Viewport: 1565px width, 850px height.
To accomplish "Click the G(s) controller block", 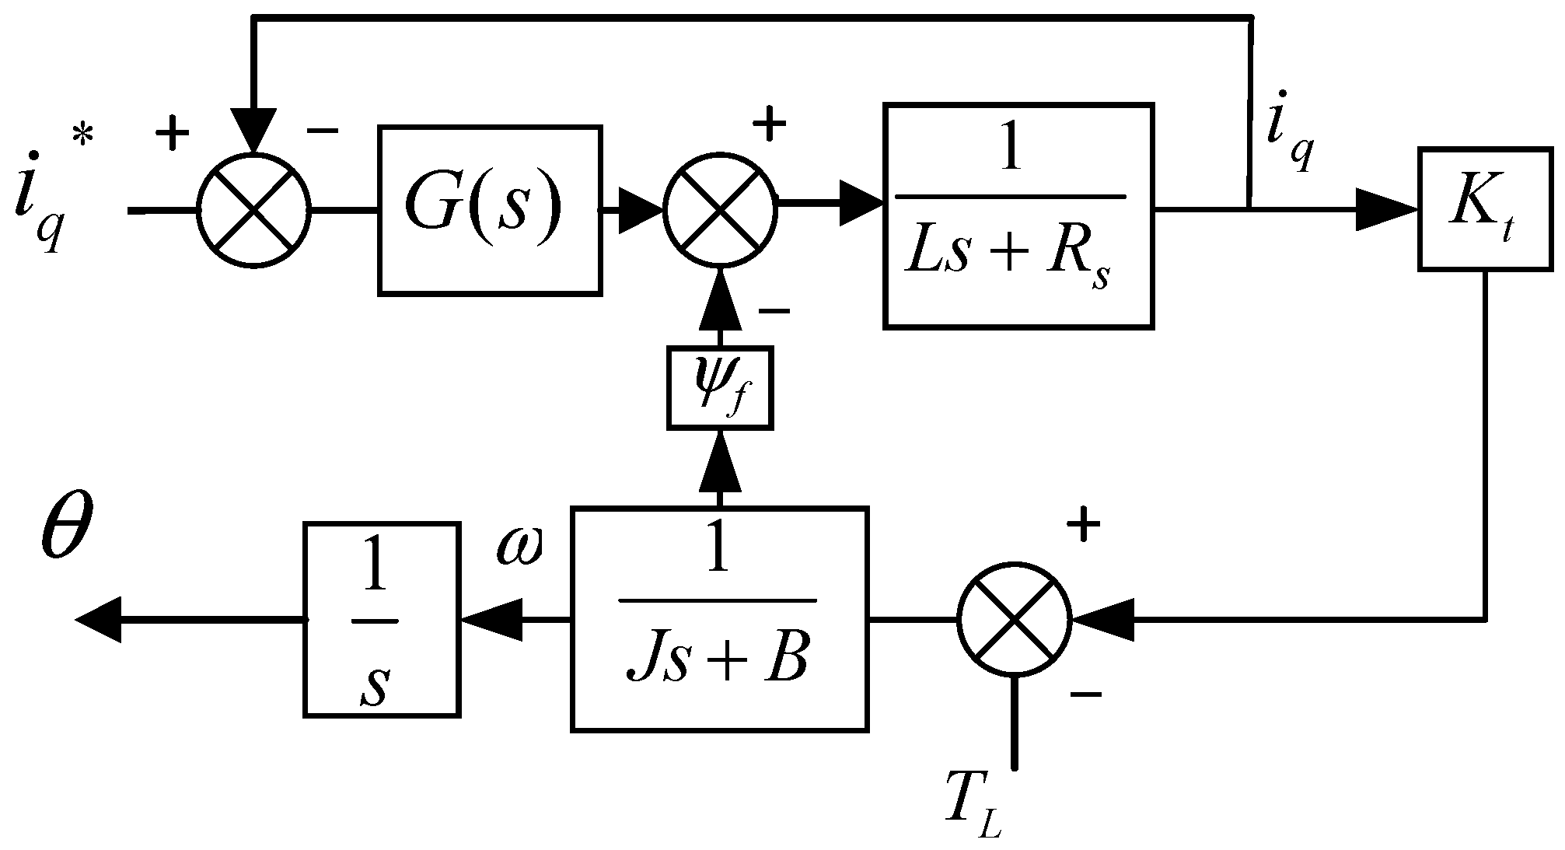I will tap(490, 210).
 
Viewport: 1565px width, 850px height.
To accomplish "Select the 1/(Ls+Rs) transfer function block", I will tap(1018, 216).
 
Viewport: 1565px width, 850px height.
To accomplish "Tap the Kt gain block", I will tap(1486, 208).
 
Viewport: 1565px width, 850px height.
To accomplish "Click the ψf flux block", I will tap(720, 387).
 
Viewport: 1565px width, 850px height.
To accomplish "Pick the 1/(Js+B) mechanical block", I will tap(719, 618).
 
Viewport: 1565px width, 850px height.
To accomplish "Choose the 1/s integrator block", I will tap(381, 619).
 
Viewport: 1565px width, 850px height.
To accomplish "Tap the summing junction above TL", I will tap(1015, 619).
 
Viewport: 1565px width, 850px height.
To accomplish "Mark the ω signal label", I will tap(519, 549).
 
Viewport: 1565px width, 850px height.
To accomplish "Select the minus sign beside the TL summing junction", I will tap(1086, 692).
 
